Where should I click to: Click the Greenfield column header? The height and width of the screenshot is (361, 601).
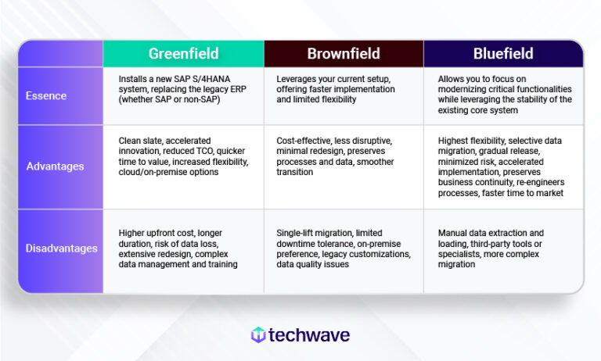[x=184, y=54]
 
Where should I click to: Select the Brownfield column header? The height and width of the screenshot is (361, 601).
[x=344, y=54]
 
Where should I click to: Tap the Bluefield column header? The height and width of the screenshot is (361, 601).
[x=503, y=54]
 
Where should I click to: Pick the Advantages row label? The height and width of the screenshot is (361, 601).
[x=55, y=166]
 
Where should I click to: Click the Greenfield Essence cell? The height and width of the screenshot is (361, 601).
[x=184, y=95]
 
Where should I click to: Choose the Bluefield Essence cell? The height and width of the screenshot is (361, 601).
[x=503, y=95]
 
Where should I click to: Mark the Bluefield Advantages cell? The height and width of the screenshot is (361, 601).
[x=503, y=166]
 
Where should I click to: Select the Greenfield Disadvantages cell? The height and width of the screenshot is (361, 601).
[x=184, y=248]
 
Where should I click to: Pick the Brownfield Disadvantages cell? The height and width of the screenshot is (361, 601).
[x=344, y=248]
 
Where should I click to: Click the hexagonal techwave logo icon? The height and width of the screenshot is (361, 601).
[x=257, y=335]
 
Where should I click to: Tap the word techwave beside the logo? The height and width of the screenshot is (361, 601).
[x=310, y=335]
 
